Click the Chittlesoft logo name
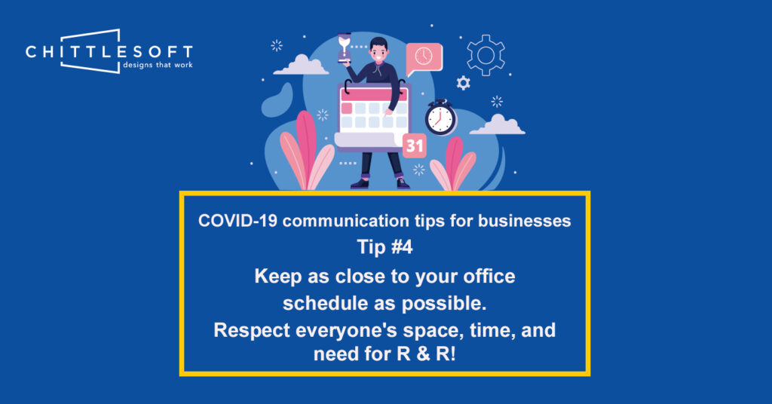109,52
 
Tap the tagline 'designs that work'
158,65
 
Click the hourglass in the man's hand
344,47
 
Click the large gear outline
486,55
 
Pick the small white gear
463,83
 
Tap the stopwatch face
440,118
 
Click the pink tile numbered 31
414,145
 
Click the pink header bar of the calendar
374,94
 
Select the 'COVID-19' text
237,220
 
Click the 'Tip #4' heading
384,247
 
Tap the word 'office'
489,276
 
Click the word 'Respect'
252,331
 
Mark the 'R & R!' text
427,353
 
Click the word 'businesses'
525,220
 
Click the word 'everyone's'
347,331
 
